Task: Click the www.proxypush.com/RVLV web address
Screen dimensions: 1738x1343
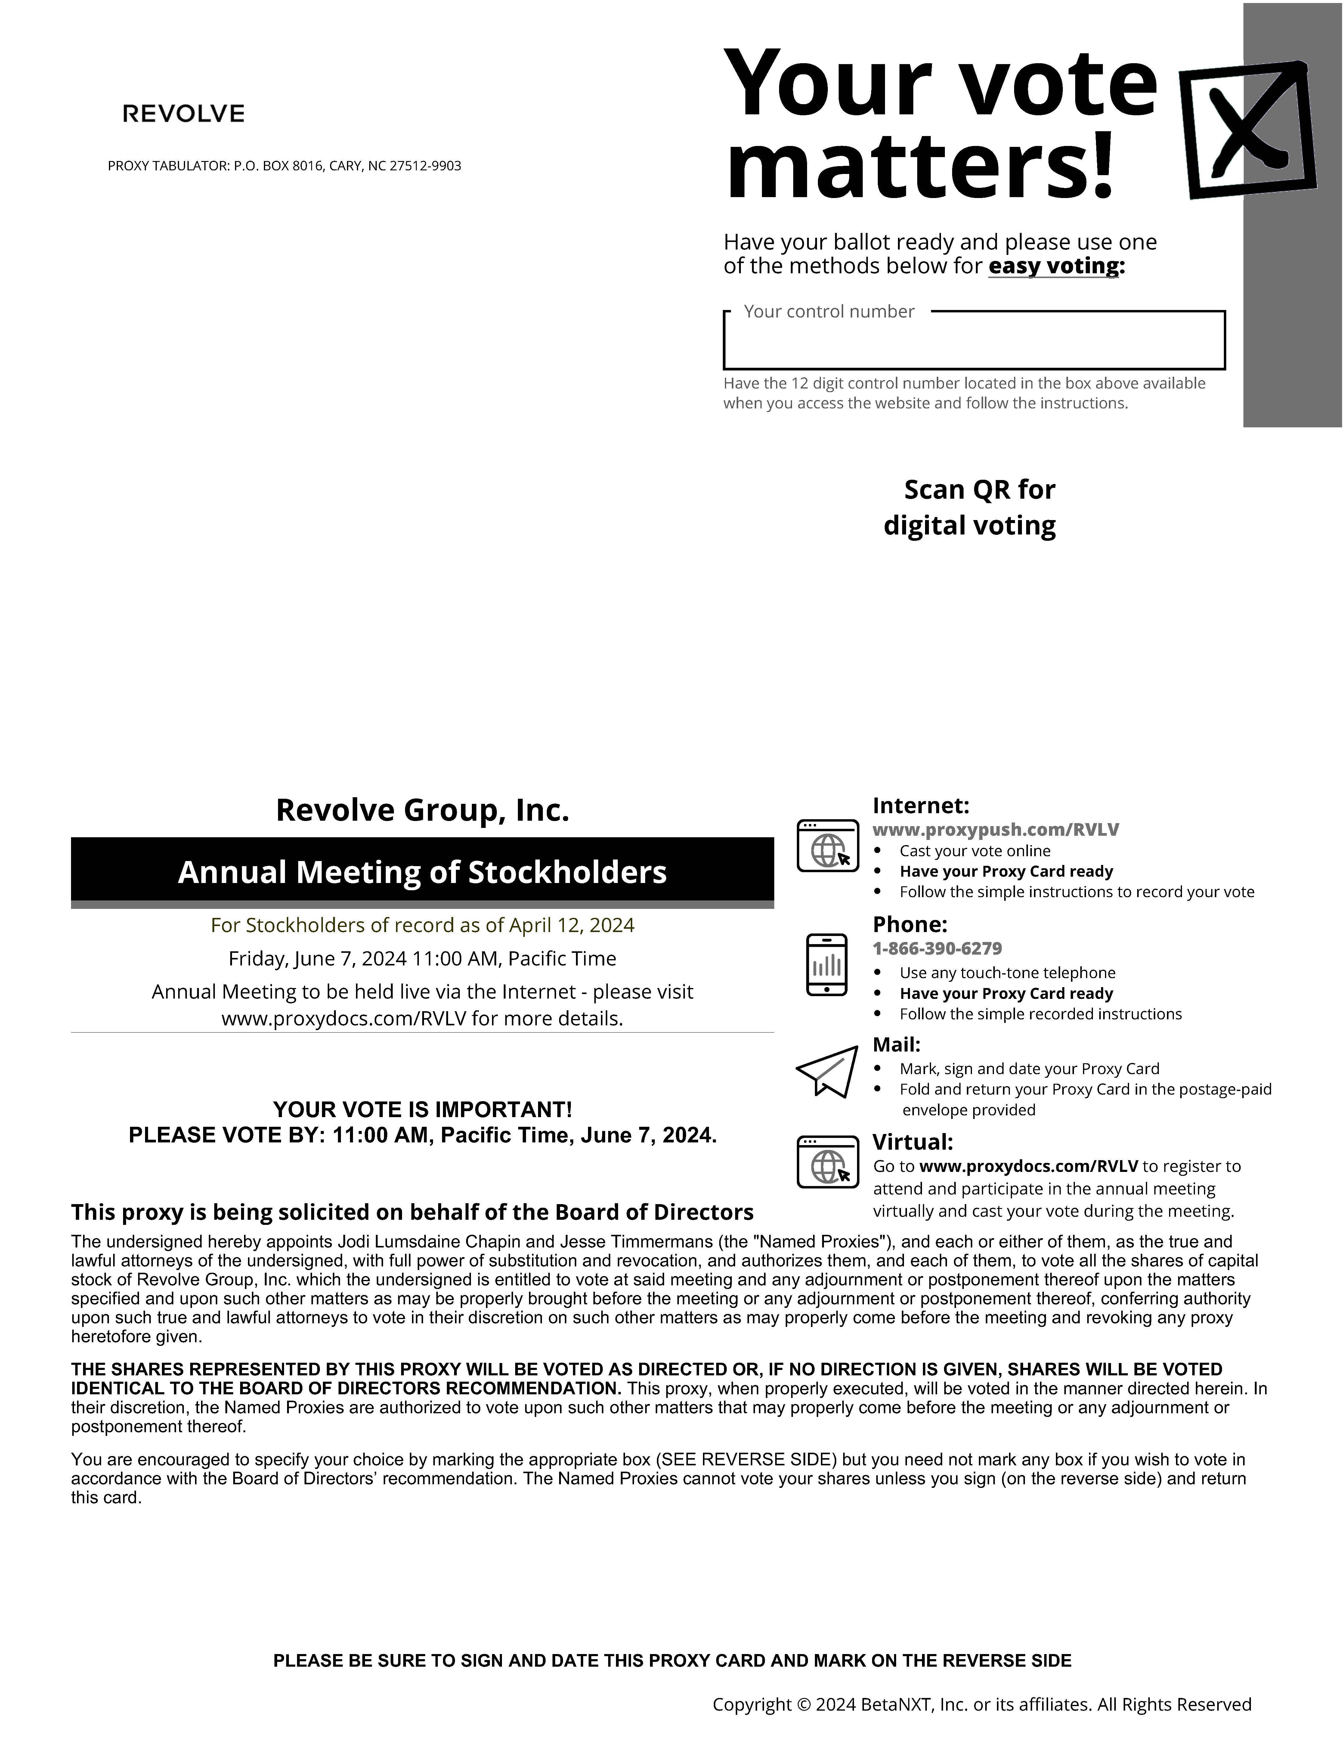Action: pos(995,829)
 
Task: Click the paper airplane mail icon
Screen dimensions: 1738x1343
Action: pos(828,1071)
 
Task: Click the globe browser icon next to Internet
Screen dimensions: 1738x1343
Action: pos(828,845)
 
